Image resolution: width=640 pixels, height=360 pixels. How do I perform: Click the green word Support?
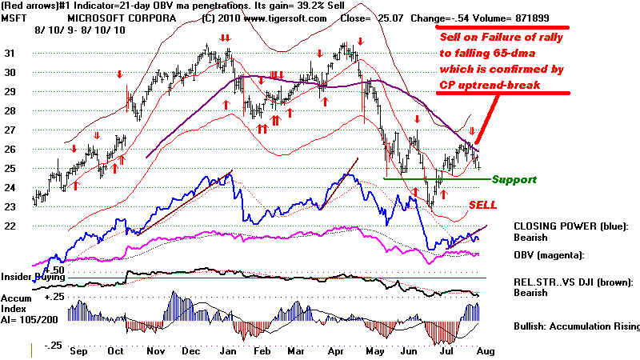point(514,180)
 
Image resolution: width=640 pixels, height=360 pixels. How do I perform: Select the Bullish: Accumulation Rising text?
point(577,326)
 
